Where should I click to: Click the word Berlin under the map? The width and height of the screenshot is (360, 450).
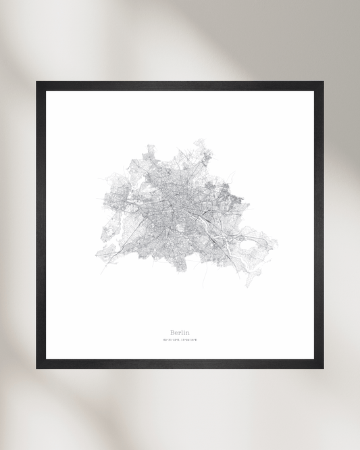[x=180, y=332]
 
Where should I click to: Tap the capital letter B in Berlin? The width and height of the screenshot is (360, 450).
[x=173, y=332]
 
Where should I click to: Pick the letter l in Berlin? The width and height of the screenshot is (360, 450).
[x=182, y=332]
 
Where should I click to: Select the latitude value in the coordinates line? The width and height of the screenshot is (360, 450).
[x=172, y=340]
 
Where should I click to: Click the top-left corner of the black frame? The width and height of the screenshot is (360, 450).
[x=38, y=83]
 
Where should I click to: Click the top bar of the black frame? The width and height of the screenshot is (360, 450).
[x=180, y=86]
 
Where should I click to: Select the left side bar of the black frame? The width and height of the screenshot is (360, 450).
[x=41, y=225]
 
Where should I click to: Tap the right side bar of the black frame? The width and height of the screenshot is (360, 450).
[x=319, y=225]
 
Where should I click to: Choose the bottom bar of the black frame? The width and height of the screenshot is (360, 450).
[x=180, y=364]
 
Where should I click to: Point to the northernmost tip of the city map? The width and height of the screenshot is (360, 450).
[x=200, y=140]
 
